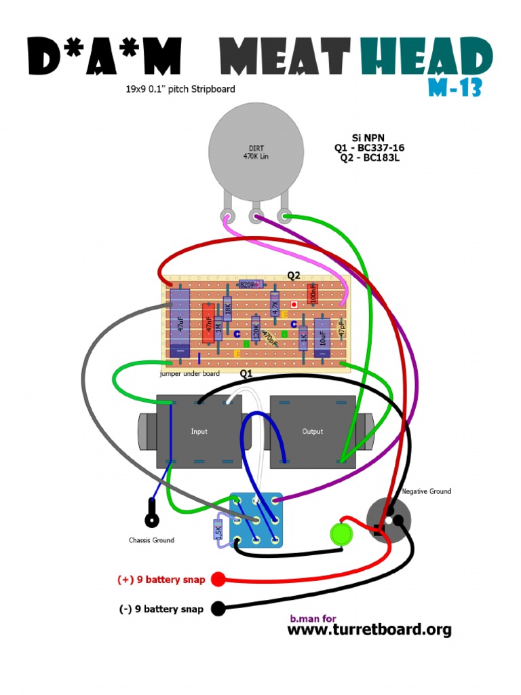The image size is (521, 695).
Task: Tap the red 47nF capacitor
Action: point(208,323)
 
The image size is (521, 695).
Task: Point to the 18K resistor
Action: point(227,309)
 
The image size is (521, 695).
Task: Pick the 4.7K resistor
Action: point(275,305)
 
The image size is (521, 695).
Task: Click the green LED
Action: point(342,533)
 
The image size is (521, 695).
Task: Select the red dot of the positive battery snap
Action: point(218,580)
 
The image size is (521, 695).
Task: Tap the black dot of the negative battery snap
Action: point(218,609)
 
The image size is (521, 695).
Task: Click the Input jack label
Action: point(199,432)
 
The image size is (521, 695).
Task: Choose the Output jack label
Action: point(312,432)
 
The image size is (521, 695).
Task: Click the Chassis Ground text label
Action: point(151,540)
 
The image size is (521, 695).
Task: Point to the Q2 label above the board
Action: point(294,276)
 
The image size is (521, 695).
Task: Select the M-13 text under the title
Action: point(455,87)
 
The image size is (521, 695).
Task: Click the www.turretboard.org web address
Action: point(369,630)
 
